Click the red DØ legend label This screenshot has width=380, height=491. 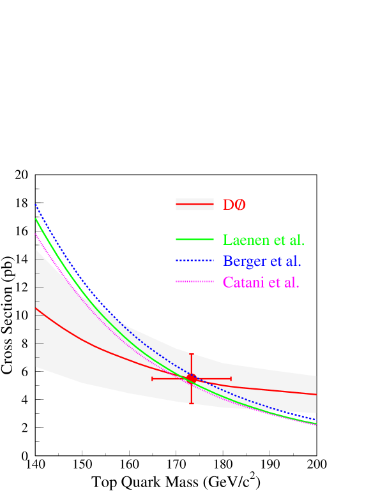tap(234, 205)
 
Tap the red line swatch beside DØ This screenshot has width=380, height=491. tap(194, 204)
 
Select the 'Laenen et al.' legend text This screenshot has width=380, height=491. tap(263, 240)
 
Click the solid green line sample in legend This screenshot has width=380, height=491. tap(194, 240)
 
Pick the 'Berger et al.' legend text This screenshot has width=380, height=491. tap(262, 261)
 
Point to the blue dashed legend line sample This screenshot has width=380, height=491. tap(194, 260)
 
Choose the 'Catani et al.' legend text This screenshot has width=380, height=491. tap(261, 282)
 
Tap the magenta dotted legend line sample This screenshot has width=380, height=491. tap(194, 281)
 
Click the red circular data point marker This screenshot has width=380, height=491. tap(191, 379)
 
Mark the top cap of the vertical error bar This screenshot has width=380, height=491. tap(191, 353)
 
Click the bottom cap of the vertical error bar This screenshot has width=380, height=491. tap(191, 404)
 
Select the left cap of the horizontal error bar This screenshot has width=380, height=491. tap(152, 379)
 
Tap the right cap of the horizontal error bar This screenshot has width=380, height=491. tap(231, 379)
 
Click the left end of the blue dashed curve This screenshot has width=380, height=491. tap(36, 205)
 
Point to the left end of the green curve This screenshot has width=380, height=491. tap(36, 219)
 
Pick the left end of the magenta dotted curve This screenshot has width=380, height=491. tap(36, 234)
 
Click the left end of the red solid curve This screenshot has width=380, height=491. tap(36, 308)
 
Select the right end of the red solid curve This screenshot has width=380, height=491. tap(316, 395)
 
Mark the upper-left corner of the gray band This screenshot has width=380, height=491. tap(36, 249)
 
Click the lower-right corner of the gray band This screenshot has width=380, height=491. tap(316, 413)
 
